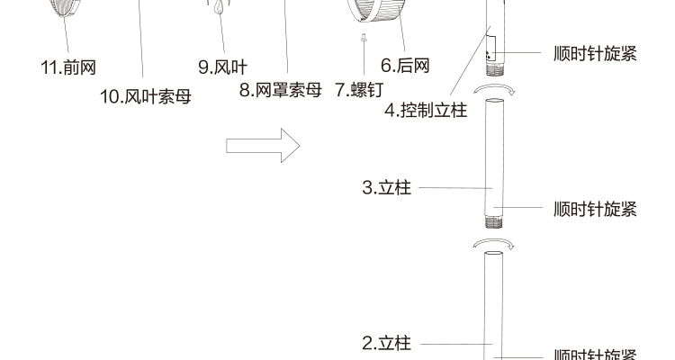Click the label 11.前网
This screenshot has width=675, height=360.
(x=67, y=67)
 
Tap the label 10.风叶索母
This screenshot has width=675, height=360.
(x=145, y=95)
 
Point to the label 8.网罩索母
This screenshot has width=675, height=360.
(x=280, y=90)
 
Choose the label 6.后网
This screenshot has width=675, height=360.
(x=405, y=65)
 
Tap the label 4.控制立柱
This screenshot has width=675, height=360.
(x=426, y=112)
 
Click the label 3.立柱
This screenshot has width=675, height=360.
(x=386, y=188)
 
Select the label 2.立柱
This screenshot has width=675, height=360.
(x=386, y=343)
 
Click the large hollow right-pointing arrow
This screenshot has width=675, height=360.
(x=263, y=145)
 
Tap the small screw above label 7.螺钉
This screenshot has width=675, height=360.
(x=363, y=38)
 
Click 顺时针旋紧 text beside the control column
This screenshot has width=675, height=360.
(x=595, y=53)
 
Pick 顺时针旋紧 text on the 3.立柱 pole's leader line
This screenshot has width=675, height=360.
(x=595, y=209)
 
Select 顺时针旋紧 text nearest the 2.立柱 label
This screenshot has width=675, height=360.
(x=595, y=354)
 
